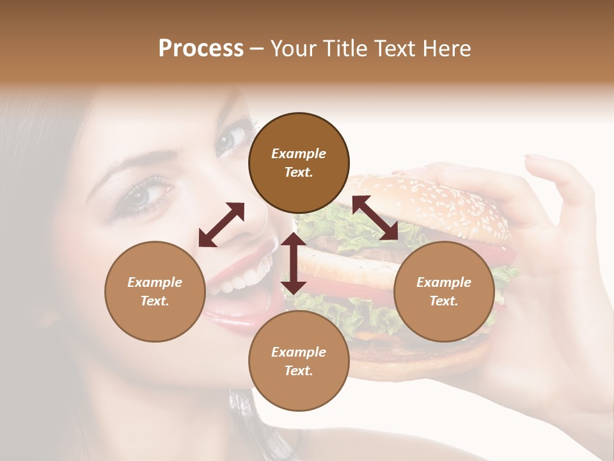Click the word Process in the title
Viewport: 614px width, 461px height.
tap(201, 48)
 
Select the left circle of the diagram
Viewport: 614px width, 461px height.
tap(155, 291)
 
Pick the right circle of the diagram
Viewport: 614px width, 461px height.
tap(444, 291)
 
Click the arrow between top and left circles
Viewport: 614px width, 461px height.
tap(221, 225)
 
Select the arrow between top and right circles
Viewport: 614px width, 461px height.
tap(375, 218)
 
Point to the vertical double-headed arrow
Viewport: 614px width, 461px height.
tap(294, 263)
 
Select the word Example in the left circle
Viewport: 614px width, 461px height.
tap(155, 282)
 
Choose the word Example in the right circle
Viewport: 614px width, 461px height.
tap(444, 282)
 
